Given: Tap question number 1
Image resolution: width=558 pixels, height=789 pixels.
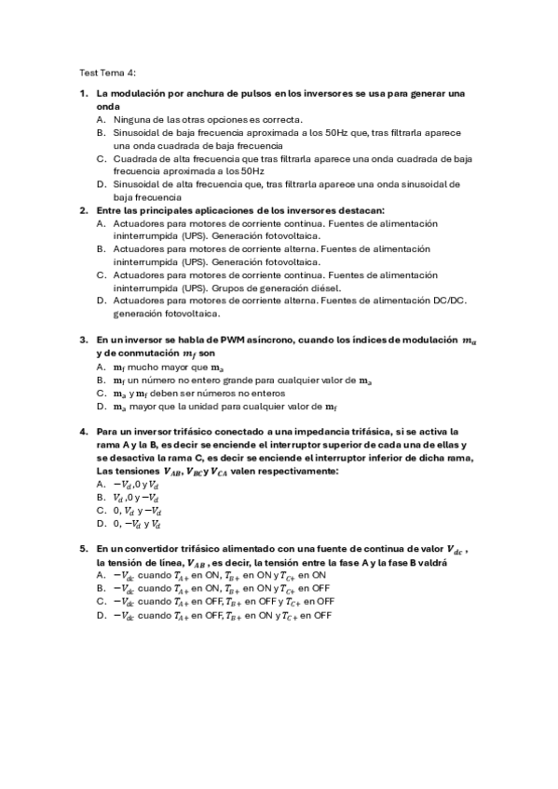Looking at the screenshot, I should [83, 94].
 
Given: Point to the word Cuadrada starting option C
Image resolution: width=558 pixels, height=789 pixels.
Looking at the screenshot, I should [136, 159].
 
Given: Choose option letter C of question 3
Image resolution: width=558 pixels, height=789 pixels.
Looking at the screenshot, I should [101, 394].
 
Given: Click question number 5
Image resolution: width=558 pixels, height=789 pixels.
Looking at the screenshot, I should [83, 549].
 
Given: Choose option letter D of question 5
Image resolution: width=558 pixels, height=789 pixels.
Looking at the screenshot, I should [101, 615].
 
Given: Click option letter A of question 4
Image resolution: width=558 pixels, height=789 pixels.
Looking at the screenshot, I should [101, 484].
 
